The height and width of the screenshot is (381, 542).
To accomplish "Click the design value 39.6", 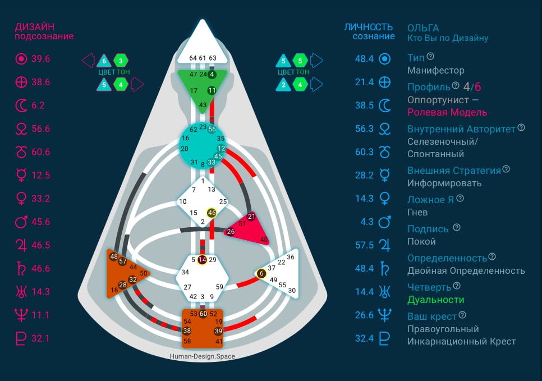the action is (41, 59).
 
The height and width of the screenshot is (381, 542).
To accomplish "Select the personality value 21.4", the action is (364, 82).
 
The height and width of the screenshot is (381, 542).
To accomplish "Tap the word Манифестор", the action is (436, 71).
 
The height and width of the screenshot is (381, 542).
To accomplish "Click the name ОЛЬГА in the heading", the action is (423, 28).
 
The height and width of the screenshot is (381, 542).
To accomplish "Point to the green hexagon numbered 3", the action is (121, 61).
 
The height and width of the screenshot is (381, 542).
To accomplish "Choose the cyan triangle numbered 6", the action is (104, 61).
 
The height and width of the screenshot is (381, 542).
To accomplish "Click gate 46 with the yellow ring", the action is (212, 213).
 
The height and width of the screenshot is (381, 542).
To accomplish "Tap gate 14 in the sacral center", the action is (202, 260).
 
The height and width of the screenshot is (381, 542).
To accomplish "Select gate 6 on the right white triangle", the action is (261, 273).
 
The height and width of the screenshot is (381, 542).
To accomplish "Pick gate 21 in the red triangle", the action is (251, 217).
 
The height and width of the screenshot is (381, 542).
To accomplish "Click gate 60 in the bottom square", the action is (203, 314).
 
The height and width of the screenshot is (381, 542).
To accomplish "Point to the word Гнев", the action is (417, 212).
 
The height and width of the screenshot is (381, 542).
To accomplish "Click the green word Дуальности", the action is (436, 300).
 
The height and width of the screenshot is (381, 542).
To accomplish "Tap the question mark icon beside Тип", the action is (430, 56).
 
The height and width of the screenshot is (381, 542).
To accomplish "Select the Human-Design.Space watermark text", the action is (202, 356).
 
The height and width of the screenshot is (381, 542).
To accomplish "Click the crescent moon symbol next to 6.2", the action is (21, 105).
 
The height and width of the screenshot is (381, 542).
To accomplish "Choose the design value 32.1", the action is (41, 338).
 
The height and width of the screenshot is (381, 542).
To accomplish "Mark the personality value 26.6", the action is (364, 315).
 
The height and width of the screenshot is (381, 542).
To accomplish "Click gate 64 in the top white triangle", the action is (193, 58).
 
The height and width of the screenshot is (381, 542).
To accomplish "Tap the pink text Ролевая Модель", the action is (447, 112).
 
